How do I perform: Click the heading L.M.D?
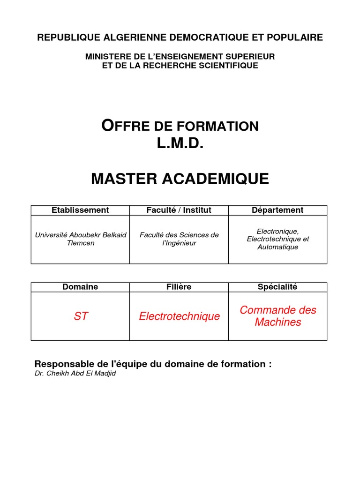(x=180, y=144)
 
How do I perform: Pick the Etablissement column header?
(x=80, y=210)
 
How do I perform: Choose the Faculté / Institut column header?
(x=179, y=210)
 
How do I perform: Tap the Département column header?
(x=277, y=210)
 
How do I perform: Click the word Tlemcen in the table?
(x=81, y=243)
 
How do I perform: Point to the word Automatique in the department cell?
(x=277, y=247)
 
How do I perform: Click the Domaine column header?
(x=80, y=287)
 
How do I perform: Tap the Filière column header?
(x=179, y=287)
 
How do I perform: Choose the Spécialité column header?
(x=277, y=287)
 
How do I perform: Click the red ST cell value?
(x=81, y=316)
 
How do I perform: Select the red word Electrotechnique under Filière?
(x=179, y=316)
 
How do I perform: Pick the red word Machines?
(x=277, y=322)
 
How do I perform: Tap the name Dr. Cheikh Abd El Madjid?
(x=75, y=374)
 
